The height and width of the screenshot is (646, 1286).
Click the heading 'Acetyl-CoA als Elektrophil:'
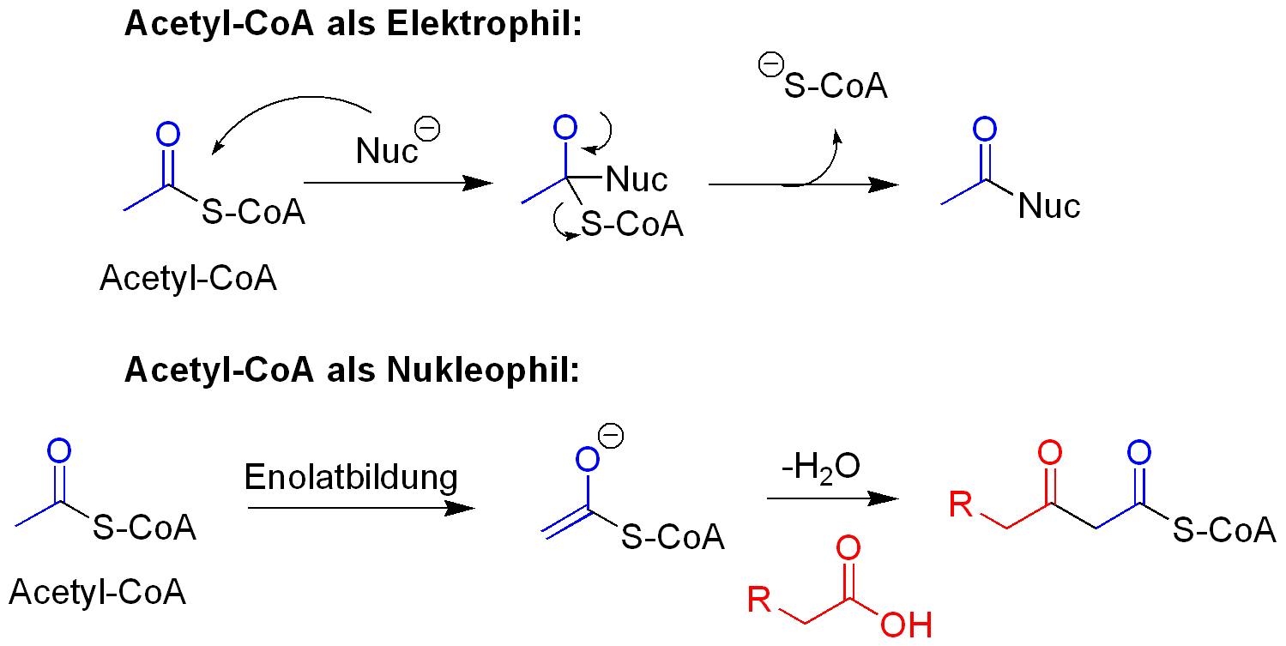[353, 24]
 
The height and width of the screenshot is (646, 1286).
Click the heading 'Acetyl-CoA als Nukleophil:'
[353, 370]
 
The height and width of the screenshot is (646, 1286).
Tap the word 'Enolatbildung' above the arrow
[351, 477]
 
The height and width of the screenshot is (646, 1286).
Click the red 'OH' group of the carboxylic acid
[906, 625]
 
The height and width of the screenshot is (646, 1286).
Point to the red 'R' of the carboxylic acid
[758, 600]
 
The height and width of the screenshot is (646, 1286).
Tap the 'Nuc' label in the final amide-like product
[1048, 206]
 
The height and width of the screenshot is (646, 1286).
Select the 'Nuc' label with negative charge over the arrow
[388, 151]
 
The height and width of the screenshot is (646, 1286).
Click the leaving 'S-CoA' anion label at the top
[835, 86]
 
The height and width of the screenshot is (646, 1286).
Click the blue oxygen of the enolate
[587, 461]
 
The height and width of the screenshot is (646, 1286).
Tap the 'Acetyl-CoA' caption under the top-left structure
[188, 278]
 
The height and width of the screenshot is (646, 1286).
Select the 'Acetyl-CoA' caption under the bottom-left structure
[98, 592]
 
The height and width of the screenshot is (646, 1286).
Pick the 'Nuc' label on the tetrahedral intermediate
[637, 180]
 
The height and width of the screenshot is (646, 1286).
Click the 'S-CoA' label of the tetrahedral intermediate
[632, 225]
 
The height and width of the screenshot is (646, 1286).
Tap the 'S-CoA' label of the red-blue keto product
[1224, 530]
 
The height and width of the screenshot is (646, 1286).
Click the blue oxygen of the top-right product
[986, 130]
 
